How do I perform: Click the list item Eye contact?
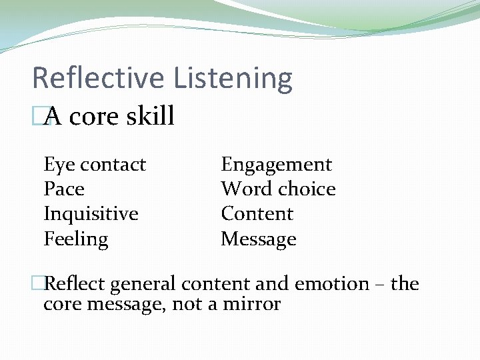95,165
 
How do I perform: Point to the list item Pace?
64,189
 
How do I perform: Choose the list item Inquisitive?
91,215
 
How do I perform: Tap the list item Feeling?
76,239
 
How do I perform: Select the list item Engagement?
276,165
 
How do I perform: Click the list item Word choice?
278,189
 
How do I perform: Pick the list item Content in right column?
257,214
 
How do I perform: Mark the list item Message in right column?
259,239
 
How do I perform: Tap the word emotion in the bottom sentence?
331,285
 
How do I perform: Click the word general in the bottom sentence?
143,285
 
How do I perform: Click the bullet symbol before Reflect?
38,284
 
